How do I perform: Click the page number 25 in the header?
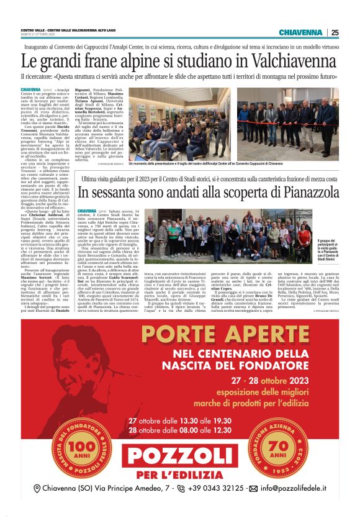[335, 32]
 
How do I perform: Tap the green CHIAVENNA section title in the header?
[300, 32]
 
